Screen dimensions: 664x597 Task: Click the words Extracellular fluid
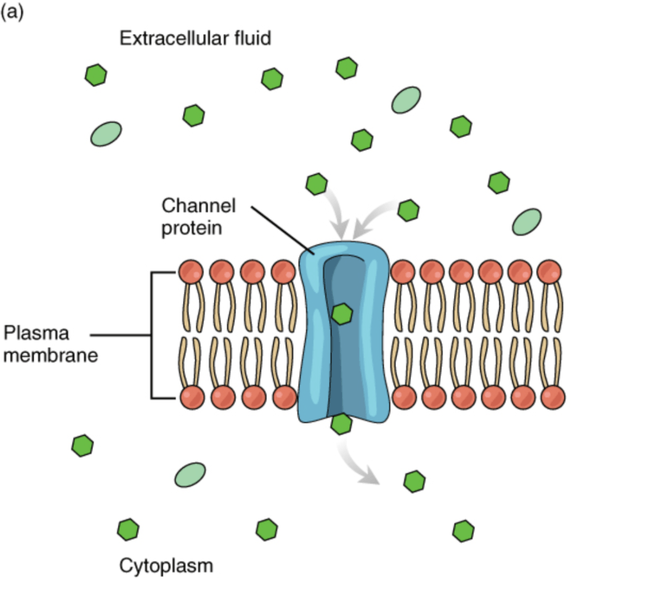click(195, 38)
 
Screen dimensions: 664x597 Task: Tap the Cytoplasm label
click(166, 566)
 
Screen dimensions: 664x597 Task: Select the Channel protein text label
click(198, 216)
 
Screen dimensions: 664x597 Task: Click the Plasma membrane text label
click(50, 344)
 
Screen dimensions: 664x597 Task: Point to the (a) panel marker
click(12, 12)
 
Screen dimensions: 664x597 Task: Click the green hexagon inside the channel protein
click(341, 314)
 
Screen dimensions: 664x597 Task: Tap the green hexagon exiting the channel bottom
click(341, 424)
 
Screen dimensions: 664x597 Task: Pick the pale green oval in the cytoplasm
click(190, 475)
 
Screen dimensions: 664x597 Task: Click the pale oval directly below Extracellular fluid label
click(106, 134)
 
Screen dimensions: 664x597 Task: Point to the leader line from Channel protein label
click(283, 231)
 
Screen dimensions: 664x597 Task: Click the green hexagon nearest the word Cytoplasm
click(128, 529)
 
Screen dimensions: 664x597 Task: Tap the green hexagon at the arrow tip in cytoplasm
click(414, 482)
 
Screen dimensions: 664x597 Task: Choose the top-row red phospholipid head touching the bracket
click(190, 272)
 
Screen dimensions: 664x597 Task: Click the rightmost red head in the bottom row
click(553, 397)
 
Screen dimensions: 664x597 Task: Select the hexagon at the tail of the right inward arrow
click(409, 211)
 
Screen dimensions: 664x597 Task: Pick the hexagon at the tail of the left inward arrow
click(316, 184)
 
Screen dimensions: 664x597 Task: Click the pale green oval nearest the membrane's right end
click(527, 222)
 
